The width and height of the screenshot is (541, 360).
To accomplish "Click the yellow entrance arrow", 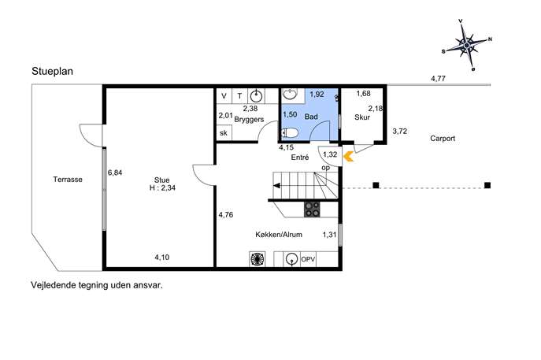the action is [349, 157].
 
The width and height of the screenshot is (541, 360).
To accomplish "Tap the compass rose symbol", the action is [467, 45].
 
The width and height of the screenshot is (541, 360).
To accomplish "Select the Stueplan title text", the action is [53, 72].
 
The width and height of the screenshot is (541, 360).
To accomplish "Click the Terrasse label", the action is [68, 180].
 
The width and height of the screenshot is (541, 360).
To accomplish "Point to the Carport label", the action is [443, 139].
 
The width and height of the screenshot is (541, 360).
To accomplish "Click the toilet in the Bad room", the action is [290, 133].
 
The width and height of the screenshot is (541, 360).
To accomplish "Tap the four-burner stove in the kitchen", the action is [312, 210].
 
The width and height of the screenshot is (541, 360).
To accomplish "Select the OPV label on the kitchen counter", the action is [308, 259].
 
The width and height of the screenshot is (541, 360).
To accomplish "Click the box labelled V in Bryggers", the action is [224, 96].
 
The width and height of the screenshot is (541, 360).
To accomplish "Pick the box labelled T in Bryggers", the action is [240, 96].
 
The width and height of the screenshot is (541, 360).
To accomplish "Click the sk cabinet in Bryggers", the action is [224, 133].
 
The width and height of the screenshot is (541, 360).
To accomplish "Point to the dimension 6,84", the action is [115, 173].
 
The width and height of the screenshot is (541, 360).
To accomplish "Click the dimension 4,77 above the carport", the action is [438, 79].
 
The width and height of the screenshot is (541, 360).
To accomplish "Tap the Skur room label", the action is [362, 117].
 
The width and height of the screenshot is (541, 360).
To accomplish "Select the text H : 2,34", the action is [162, 188].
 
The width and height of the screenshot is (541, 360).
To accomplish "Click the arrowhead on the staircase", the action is [276, 186].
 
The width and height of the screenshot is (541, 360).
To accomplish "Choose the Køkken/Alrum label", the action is [279, 235].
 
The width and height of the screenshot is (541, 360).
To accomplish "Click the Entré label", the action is [300, 158].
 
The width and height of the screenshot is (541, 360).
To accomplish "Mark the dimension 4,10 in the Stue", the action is [161, 257].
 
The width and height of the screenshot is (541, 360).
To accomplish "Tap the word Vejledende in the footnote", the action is [54, 285].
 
